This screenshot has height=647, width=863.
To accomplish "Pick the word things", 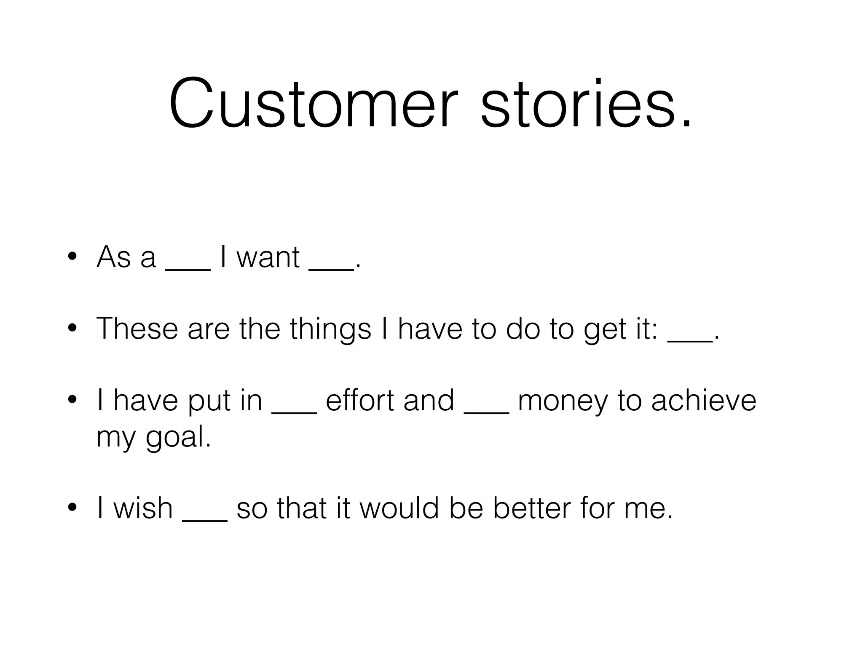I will pos(330,329).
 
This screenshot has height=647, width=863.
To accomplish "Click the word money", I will pos(563,401).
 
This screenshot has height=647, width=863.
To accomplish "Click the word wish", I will pos(143,508).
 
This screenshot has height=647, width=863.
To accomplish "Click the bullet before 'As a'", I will pos(72,257).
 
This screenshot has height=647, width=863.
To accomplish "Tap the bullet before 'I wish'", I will pos(72,508).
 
